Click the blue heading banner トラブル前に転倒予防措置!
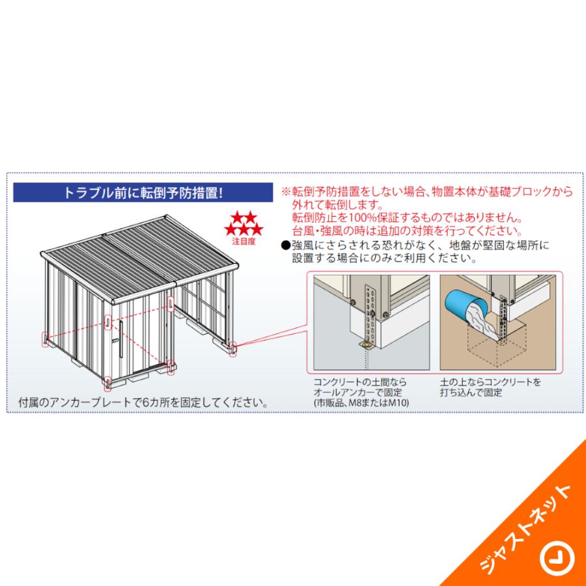coord(143,193)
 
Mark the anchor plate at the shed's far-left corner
coord(46,339)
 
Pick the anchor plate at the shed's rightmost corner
coord(234,350)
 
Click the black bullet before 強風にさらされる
coord(285,245)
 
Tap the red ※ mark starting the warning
coord(285,193)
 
